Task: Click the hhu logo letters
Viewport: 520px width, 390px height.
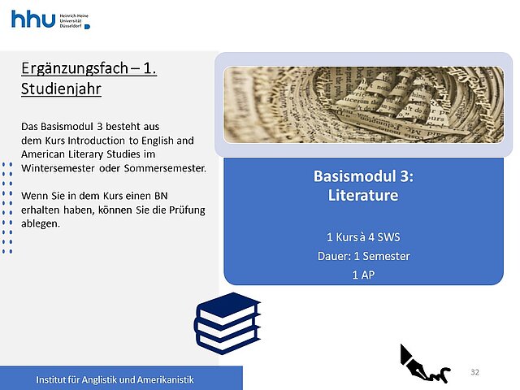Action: (33, 19)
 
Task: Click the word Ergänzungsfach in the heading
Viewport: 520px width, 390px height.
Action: (75, 68)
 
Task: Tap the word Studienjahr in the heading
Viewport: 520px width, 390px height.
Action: (61, 89)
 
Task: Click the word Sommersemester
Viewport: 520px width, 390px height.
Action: (165, 168)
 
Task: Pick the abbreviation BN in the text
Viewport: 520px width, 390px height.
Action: (161, 196)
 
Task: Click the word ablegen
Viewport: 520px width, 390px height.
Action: (41, 224)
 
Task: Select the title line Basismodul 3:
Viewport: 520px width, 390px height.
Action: (363, 176)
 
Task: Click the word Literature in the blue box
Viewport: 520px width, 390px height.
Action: (363, 195)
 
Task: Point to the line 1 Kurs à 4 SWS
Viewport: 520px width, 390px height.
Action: (363, 237)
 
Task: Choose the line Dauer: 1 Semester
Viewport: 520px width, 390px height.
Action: (363, 256)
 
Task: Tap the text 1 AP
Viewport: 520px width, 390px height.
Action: (363, 275)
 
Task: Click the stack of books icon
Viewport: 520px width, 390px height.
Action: (227, 323)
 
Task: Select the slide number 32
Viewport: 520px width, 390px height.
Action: (474, 372)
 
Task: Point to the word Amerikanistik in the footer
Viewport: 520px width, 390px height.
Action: (166, 379)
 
